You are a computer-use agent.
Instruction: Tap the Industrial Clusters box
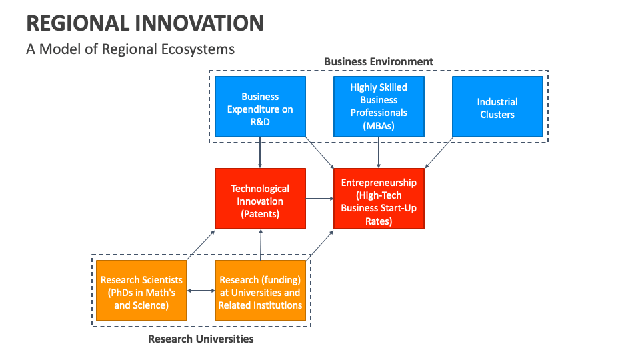(x=497, y=107)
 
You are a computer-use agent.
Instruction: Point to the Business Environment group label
(x=379, y=61)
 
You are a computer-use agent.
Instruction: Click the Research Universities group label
(x=201, y=339)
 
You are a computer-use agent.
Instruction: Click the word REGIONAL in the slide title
(x=77, y=23)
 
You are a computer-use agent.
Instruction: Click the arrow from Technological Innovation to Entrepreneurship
(x=319, y=198)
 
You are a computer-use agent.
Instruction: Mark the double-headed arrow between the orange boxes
(x=201, y=291)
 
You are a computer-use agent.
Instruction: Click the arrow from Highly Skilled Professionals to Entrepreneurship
(x=379, y=152)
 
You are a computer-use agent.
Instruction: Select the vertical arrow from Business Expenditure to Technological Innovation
(x=260, y=152)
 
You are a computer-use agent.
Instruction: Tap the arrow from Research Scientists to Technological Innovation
(x=201, y=245)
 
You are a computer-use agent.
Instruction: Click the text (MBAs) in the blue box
(x=379, y=125)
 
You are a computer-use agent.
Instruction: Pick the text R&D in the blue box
(x=260, y=122)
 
